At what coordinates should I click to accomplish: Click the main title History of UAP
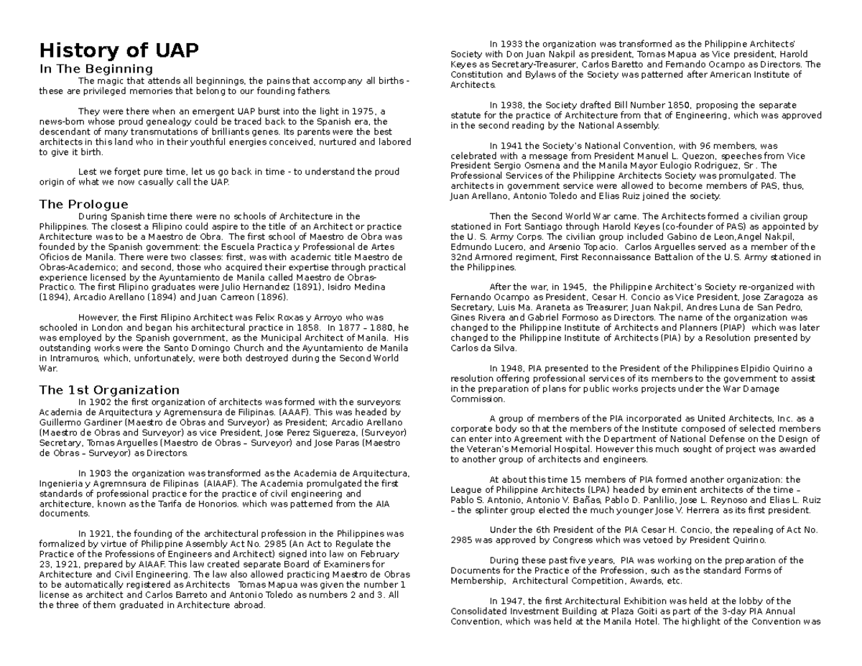(x=119, y=51)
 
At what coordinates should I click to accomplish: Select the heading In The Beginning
(x=96, y=69)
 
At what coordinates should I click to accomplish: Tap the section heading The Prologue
(x=83, y=204)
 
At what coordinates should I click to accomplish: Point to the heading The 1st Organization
(x=109, y=390)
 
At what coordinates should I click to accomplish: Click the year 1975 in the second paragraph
(x=368, y=111)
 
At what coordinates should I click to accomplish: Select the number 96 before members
(x=681, y=146)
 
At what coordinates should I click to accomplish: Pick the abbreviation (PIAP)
(x=748, y=328)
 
